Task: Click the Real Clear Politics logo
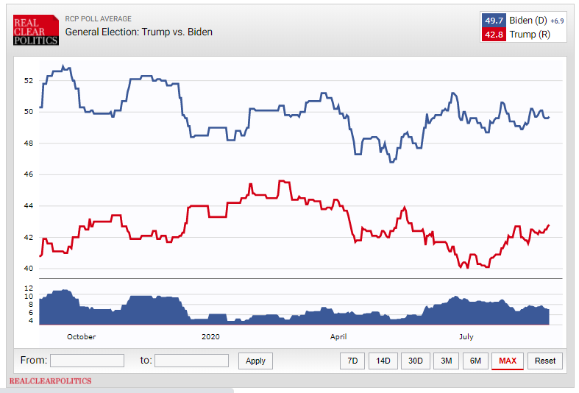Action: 35,30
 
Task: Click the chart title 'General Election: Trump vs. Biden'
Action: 139,32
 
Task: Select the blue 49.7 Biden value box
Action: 493,21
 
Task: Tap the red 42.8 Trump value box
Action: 493,35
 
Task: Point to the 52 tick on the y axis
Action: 29,80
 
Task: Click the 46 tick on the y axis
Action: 29,174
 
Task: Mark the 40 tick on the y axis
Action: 29,269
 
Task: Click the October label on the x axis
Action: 81,336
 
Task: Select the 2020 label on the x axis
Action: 210,336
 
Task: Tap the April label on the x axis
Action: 338,336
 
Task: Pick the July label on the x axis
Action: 466,336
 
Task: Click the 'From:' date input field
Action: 87,361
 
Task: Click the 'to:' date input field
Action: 191,361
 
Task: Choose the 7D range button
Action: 352,361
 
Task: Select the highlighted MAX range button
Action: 507,361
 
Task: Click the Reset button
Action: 545,361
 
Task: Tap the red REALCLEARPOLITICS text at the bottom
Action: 50,381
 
